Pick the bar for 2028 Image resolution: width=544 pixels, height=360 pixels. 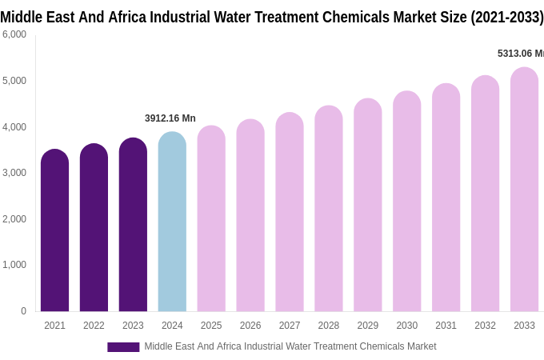point(328,209)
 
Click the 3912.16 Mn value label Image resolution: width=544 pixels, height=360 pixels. point(170,118)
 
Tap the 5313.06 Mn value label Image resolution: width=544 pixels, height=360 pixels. point(520,54)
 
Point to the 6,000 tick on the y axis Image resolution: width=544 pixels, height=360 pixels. point(14,34)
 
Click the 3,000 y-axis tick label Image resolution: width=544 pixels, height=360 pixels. point(14,173)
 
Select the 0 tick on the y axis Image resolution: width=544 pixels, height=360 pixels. point(23,311)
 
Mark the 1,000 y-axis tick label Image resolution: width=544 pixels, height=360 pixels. point(14,265)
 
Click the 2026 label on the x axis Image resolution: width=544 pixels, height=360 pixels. point(250,326)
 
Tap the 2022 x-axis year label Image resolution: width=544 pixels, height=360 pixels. point(94,326)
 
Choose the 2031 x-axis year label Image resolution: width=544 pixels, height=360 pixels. point(446,326)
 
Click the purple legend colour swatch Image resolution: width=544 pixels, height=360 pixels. point(123,347)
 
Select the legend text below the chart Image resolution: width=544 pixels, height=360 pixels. point(290,346)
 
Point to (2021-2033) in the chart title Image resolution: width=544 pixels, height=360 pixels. point(506,17)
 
